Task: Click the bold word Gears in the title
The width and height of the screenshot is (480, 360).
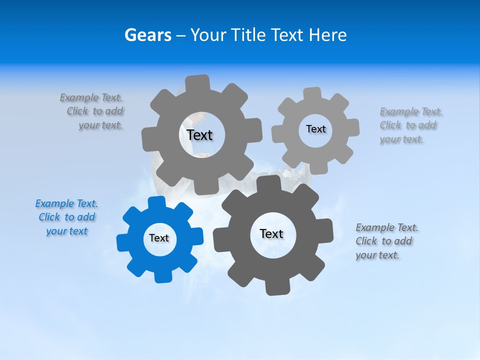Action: pyautogui.click(x=148, y=35)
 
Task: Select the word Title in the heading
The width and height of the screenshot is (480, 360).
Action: pyautogui.click(x=249, y=35)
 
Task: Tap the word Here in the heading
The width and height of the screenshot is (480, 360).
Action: pyautogui.click(x=327, y=35)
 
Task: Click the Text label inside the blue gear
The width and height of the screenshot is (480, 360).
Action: pyautogui.click(x=159, y=238)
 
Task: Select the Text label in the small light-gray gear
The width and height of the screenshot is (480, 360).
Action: pyautogui.click(x=315, y=129)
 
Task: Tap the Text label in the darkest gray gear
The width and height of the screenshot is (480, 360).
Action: pyautogui.click(x=271, y=234)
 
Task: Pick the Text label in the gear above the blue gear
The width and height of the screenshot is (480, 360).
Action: pyautogui.click(x=199, y=135)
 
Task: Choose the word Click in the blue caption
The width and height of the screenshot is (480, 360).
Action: pyautogui.click(x=49, y=217)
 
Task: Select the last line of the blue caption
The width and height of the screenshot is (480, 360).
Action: pyautogui.click(x=66, y=231)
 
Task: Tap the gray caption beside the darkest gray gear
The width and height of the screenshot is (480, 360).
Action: pyautogui.click(x=387, y=241)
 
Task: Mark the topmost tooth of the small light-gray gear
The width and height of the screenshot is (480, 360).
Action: pyautogui.click(x=312, y=93)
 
